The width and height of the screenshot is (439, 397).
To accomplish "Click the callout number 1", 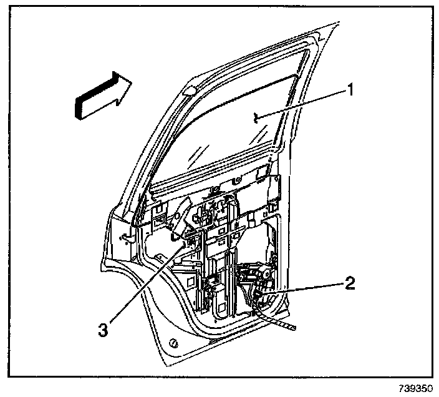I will click(x=351, y=91).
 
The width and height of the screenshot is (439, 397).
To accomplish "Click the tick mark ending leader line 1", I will click(x=257, y=115).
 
